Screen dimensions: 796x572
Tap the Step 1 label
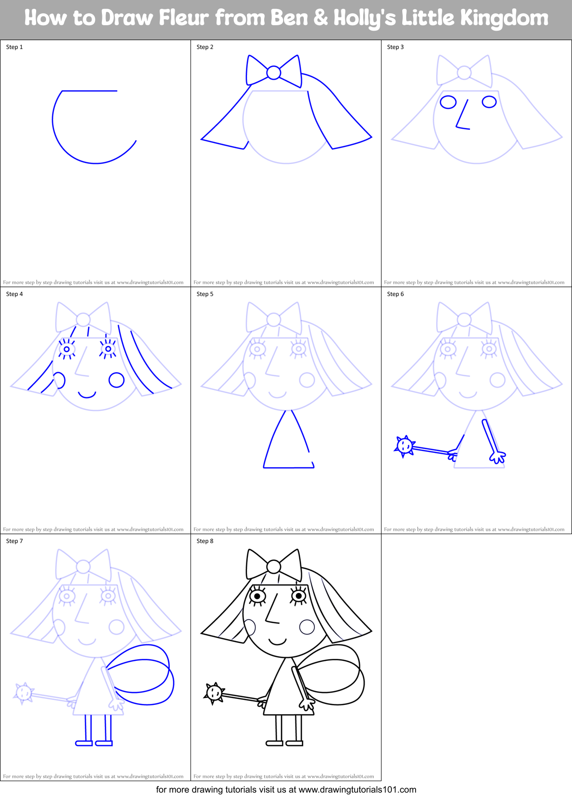click(14, 47)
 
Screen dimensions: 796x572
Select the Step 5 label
click(205, 294)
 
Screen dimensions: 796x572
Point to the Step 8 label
click(205, 541)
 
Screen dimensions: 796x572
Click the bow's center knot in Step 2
click(274, 73)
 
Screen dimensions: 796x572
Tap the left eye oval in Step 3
click(448, 102)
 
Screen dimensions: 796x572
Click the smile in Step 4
click(87, 395)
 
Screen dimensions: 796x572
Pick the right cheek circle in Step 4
click(116, 380)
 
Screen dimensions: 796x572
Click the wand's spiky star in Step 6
click(405, 446)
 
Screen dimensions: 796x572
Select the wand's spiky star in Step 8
click(214, 693)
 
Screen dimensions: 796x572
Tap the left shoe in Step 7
click(84, 743)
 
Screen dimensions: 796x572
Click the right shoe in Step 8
click(295, 743)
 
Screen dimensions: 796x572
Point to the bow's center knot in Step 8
click(274, 566)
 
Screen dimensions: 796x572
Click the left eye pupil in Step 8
click(257, 596)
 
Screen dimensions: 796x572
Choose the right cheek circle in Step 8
click(307, 627)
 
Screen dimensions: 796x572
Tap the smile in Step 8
click(278, 642)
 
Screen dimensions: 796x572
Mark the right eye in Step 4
click(108, 348)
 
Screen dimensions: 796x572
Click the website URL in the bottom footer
click(357, 790)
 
